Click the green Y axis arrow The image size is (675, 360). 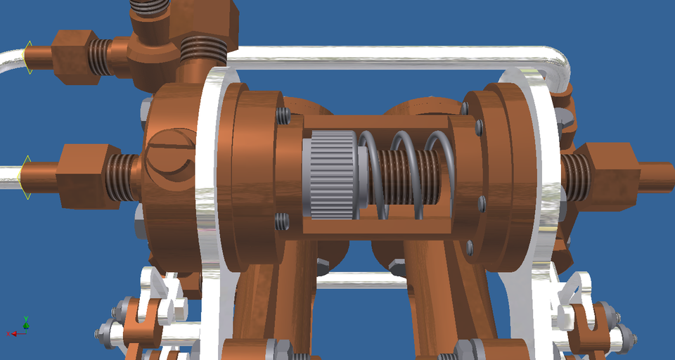point(26,321)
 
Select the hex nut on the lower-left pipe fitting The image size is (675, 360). point(83,176)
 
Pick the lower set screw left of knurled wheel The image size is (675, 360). point(282,221)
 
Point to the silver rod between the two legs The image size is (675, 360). point(359,280)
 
